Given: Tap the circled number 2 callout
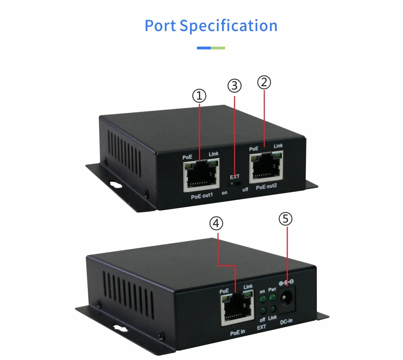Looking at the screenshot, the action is tap(264, 82).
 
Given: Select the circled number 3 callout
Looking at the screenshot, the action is tap(235, 86).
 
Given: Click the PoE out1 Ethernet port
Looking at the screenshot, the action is tap(201, 174).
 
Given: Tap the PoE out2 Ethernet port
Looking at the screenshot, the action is tap(266, 167).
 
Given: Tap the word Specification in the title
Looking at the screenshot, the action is tap(229, 26).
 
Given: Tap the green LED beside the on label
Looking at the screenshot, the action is tap(262, 300).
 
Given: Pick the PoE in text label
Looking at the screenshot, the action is tap(237, 331).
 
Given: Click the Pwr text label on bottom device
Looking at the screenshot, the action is tap(272, 290).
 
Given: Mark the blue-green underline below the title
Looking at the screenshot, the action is tap(211, 48).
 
